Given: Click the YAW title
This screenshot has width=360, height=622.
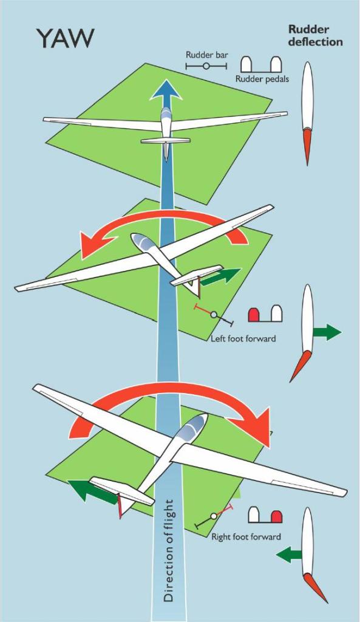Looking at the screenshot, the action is click(x=66, y=38).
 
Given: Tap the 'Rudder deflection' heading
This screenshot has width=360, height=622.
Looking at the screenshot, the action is click(x=315, y=35).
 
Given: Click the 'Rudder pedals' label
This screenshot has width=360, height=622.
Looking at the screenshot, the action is click(x=262, y=79).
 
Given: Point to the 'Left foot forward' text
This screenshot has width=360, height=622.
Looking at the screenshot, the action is click(x=243, y=339).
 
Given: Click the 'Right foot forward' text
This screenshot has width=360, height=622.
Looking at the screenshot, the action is click(x=246, y=537).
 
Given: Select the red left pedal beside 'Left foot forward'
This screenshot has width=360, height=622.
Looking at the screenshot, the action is click(x=254, y=314).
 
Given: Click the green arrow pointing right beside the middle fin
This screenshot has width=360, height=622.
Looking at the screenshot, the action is click(x=327, y=332).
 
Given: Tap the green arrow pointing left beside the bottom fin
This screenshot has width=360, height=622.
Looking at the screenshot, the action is click(x=290, y=554).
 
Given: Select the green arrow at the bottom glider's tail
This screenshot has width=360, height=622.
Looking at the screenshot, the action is click(x=92, y=491).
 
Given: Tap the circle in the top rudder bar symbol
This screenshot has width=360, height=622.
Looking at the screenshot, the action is click(x=206, y=66).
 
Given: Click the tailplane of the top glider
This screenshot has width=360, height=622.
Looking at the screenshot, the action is click(x=166, y=140).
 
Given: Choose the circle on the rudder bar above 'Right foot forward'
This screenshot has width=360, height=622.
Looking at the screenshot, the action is click(x=214, y=516).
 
